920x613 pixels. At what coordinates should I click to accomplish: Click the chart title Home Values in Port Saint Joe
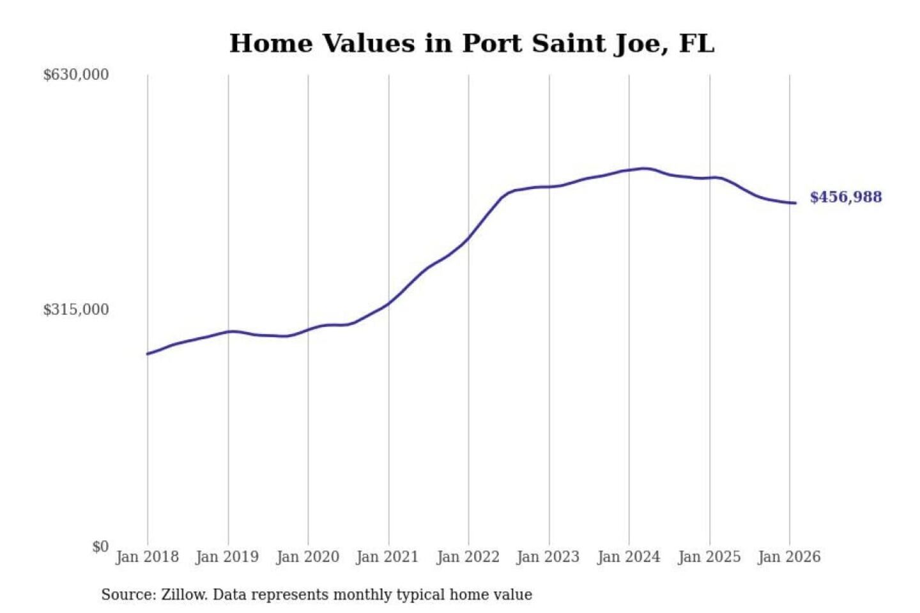pos(471,43)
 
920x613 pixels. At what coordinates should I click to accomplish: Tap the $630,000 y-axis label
pos(76,75)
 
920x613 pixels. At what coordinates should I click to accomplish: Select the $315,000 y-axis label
pos(76,310)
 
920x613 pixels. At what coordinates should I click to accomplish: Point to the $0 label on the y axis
pos(100,547)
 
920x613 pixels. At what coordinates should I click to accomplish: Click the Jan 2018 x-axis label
pos(147,557)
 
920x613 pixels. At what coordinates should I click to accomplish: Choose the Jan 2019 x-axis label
pos(227,557)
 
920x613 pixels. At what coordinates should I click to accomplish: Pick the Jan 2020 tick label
pos(307,557)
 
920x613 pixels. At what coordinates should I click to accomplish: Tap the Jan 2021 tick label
pos(387,557)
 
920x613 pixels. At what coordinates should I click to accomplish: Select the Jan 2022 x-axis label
pos(468,557)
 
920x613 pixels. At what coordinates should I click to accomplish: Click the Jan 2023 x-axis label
pos(548,557)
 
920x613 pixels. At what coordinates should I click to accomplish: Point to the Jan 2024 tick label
pos(629,557)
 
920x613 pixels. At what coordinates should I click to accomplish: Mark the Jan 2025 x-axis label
pos(709,557)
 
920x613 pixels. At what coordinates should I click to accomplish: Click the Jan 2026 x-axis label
pos(789,557)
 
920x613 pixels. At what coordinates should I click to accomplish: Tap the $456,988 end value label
pos(846,197)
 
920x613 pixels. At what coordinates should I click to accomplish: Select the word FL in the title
pos(696,43)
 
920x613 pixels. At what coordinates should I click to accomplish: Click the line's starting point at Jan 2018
pos(148,354)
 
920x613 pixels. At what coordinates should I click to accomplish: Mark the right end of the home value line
pos(795,203)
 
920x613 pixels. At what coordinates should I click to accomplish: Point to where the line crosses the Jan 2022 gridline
pos(468,239)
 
